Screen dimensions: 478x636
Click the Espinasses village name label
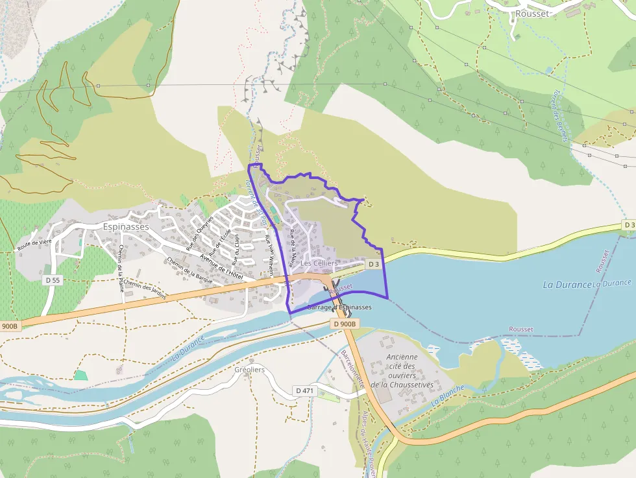click(x=126, y=227)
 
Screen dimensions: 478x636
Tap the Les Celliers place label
click(x=319, y=263)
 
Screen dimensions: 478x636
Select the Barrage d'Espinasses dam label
click(x=339, y=307)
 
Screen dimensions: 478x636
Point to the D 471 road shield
click(x=304, y=390)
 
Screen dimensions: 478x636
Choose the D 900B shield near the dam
click(x=344, y=323)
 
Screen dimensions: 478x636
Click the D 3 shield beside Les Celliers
click(x=373, y=264)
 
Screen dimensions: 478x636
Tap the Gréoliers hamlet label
click(x=250, y=370)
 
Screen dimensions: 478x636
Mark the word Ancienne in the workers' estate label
click(x=402, y=357)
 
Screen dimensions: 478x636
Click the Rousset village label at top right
click(x=532, y=13)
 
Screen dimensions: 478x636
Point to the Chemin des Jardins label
click(x=145, y=289)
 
